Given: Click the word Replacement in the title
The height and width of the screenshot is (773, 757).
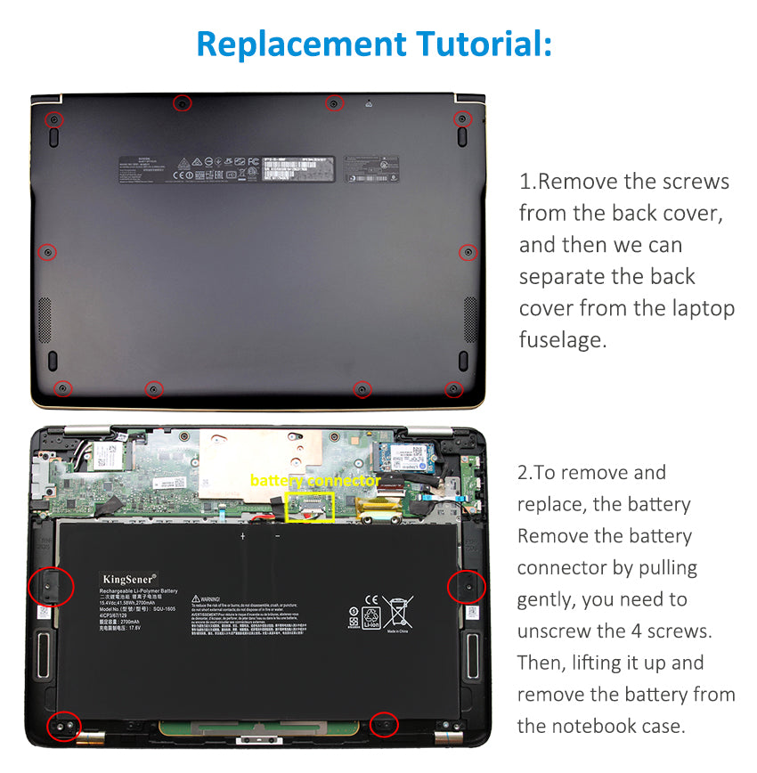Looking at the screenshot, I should pos(298,43).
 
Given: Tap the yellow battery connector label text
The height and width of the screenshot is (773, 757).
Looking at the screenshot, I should pos(314,481).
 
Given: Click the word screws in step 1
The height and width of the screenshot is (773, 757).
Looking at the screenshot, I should pos(694,182).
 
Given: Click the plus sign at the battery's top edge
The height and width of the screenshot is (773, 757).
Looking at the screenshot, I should pos(242,537).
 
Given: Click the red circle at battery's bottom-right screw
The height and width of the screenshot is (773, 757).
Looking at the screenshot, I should pos(385,725).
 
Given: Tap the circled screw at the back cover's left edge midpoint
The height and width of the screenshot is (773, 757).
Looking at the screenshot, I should pos(49,252).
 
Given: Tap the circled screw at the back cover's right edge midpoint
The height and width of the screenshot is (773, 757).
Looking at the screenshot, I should pos(468,253).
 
